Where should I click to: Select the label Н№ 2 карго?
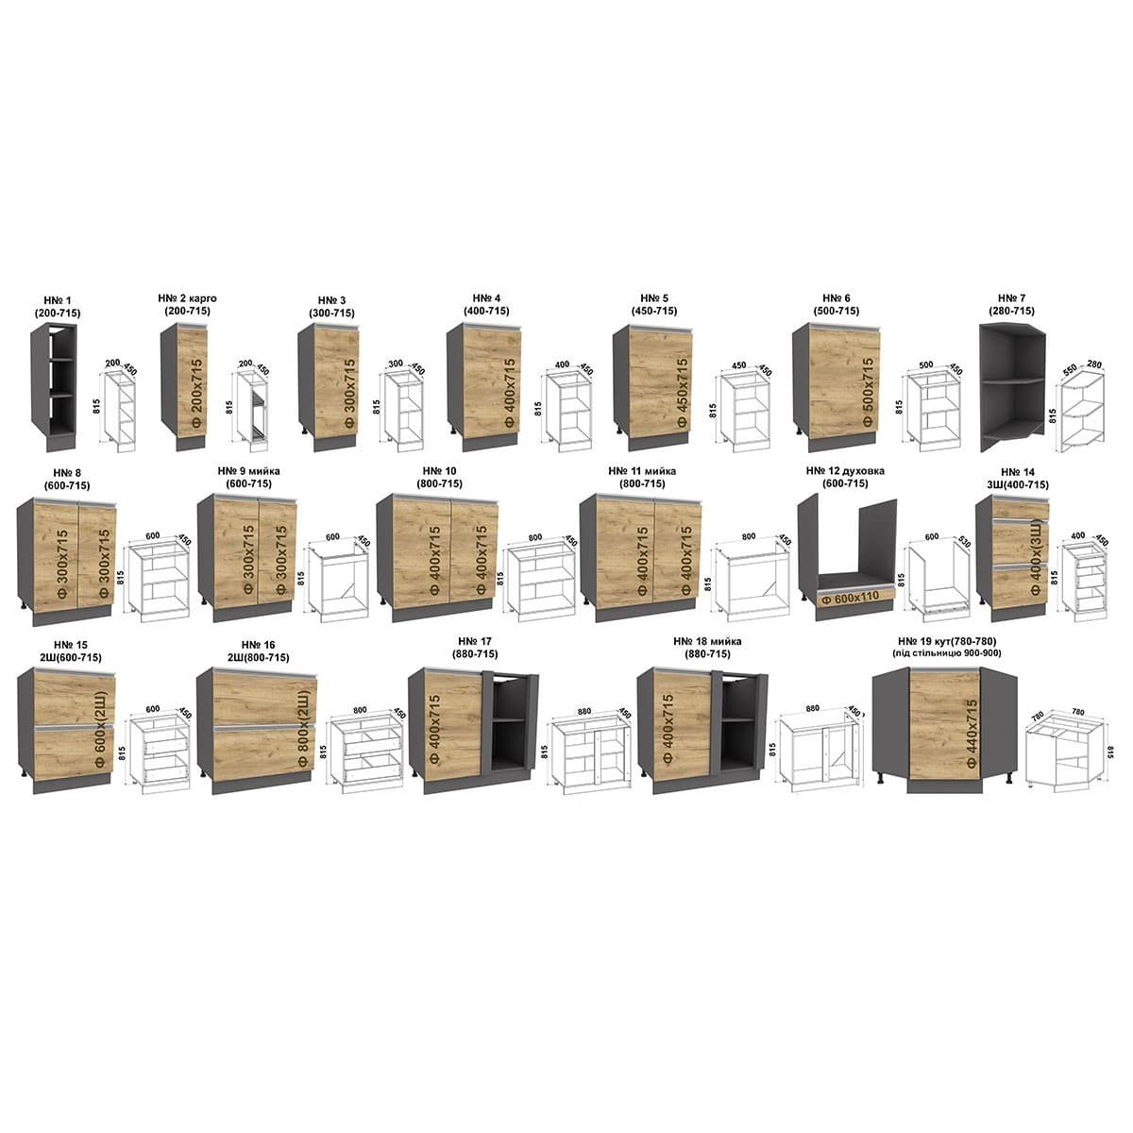click(x=193, y=298)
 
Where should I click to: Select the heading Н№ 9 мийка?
click(x=248, y=471)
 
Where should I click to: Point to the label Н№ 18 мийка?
click(x=707, y=641)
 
